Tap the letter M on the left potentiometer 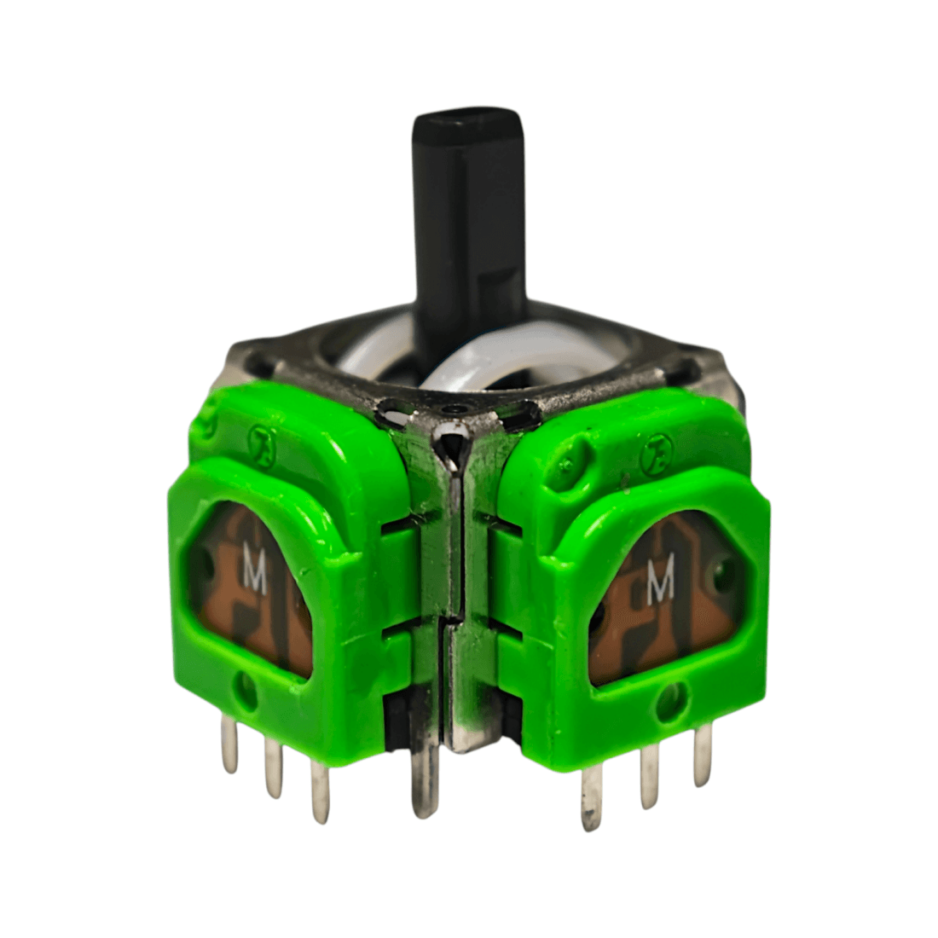pos(255,573)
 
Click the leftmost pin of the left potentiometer pos(229,743)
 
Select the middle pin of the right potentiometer pos(648,778)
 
